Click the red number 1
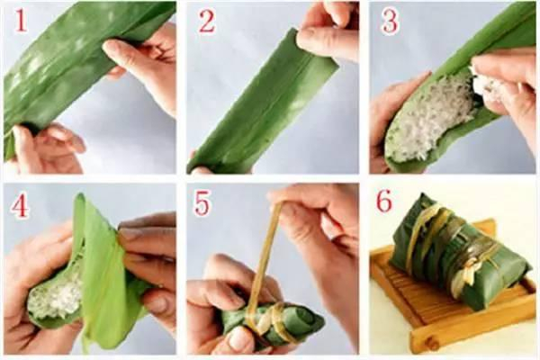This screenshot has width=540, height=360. pos(20,21)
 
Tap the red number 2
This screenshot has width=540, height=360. pos(207,21)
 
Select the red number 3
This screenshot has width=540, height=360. pos(389,21)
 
